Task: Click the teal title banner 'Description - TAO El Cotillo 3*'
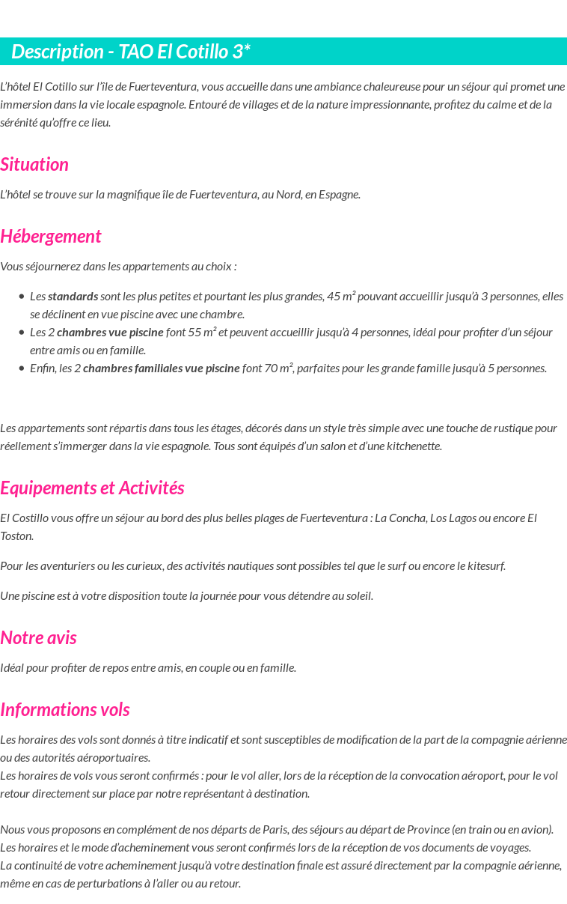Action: click(131, 52)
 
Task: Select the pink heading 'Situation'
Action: click(34, 165)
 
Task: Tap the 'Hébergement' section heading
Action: click(50, 237)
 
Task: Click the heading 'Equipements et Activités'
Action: click(92, 488)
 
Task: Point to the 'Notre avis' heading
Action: click(38, 638)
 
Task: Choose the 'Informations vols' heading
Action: click(65, 710)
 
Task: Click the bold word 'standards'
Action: click(73, 297)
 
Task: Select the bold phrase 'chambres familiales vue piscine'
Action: click(161, 368)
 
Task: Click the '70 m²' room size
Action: click(279, 368)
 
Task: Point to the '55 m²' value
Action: click(202, 333)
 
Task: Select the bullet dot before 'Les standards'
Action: click(22, 297)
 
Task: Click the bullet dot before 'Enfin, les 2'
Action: click(22, 368)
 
